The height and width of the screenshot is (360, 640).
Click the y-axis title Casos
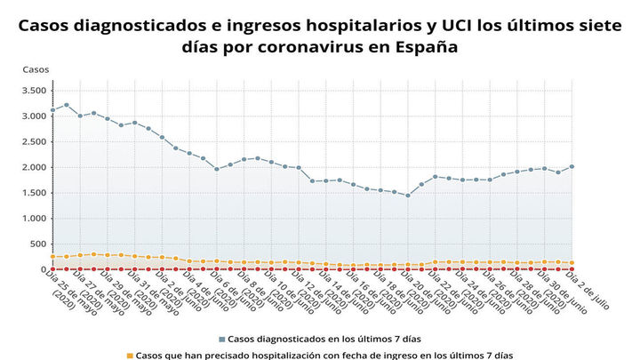click(x=36, y=69)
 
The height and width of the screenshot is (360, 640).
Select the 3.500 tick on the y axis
click(x=34, y=90)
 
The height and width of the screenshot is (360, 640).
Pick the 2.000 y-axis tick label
click(x=34, y=167)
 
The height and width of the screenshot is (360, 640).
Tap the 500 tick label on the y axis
click(x=38, y=244)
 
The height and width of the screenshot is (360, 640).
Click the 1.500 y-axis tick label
click(x=34, y=193)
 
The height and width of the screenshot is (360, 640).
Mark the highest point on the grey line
click(x=67, y=105)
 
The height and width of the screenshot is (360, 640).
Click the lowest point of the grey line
click(x=408, y=196)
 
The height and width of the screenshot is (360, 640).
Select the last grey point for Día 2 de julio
click(x=572, y=166)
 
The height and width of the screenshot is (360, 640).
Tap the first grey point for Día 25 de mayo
click(x=53, y=110)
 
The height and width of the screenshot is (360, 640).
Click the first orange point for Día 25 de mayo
click(x=53, y=257)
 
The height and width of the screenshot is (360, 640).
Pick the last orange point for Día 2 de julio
click(x=572, y=263)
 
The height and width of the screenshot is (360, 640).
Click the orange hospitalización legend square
click(x=130, y=356)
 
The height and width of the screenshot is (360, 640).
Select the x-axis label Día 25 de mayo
click(x=67, y=293)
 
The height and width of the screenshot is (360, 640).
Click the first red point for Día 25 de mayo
click(x=53, y=268)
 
